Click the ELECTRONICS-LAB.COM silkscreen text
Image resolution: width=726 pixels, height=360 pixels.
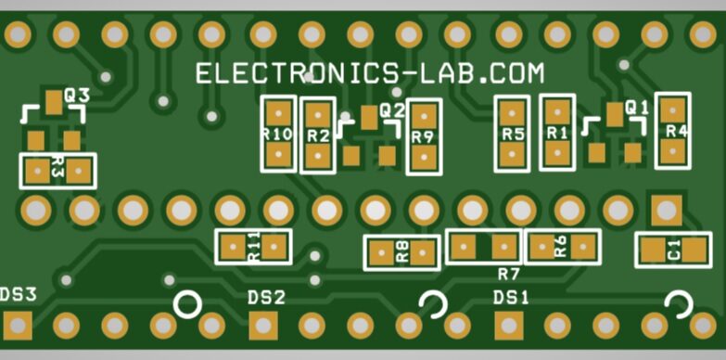pos(369,74)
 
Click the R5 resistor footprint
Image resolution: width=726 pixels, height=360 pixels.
pos(513,134)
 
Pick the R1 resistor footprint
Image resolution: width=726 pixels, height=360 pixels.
pos(557,133)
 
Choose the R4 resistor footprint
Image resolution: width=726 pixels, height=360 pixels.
pos(674,131)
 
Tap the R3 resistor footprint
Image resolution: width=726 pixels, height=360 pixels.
pos(57,171)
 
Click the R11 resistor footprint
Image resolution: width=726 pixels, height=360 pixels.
pos(253,247)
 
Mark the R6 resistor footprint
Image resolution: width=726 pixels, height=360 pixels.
pos(562,247)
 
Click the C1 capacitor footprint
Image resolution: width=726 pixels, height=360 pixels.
pos(672,250)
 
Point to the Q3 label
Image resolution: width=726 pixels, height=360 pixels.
pos(76,96)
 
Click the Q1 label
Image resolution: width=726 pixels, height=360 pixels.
pos(637,108)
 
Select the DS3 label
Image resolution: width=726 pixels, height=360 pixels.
pos(19,296)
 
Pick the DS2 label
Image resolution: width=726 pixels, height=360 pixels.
pos(266,298)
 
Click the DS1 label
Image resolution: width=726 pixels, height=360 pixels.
pos(511,298)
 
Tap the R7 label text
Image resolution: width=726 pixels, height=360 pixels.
pos(508,274)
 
